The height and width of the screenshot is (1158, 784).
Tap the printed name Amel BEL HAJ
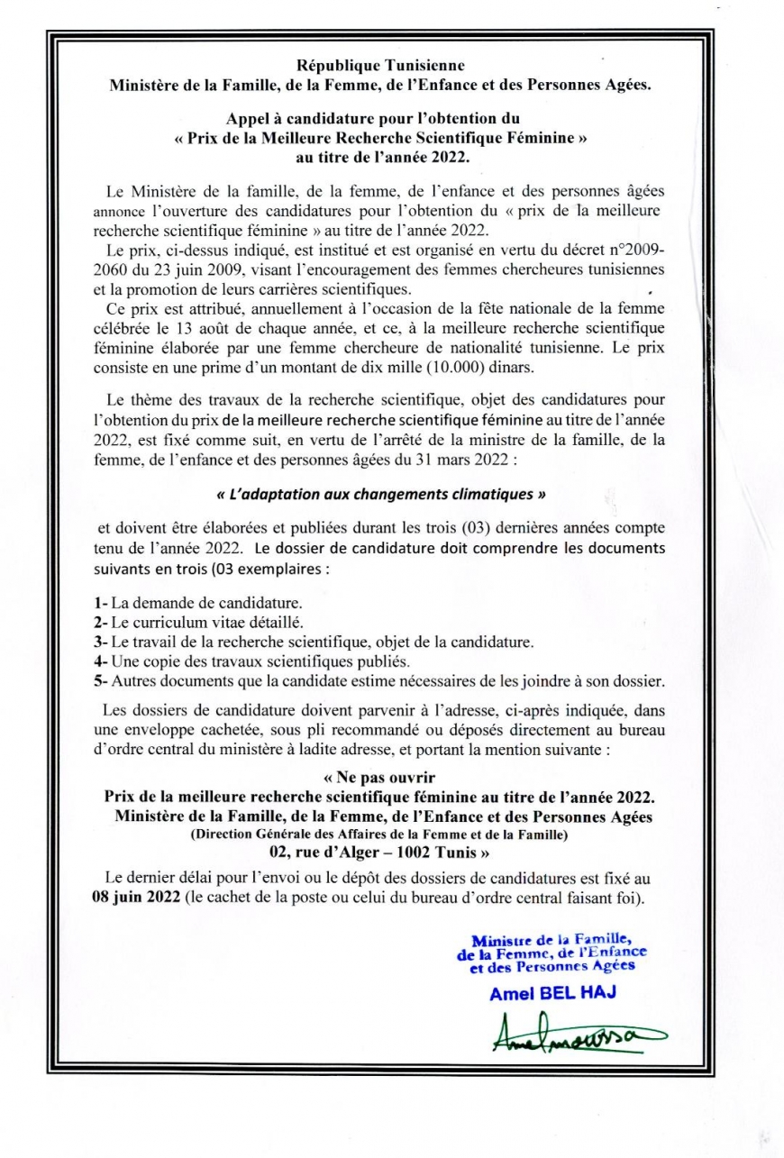tap(550, 994)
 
